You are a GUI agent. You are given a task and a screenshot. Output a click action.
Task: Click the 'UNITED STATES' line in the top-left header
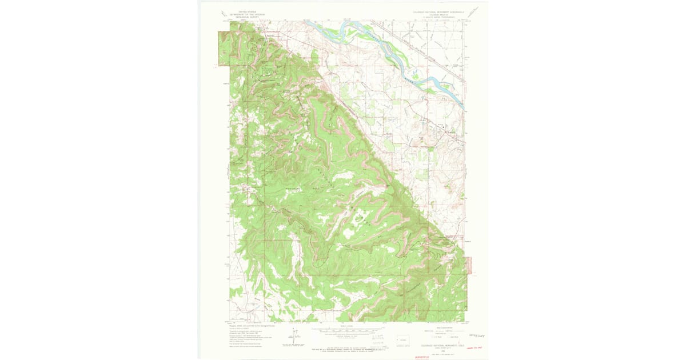pos(240,11)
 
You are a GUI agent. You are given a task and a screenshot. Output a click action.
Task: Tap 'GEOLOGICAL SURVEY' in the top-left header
pos(240,17)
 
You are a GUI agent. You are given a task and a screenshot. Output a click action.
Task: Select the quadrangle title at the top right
pos(440,12)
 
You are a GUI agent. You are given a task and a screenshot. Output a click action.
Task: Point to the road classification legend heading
pos(442,327)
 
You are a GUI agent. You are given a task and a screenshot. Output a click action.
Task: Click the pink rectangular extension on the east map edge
pos(469,265)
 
